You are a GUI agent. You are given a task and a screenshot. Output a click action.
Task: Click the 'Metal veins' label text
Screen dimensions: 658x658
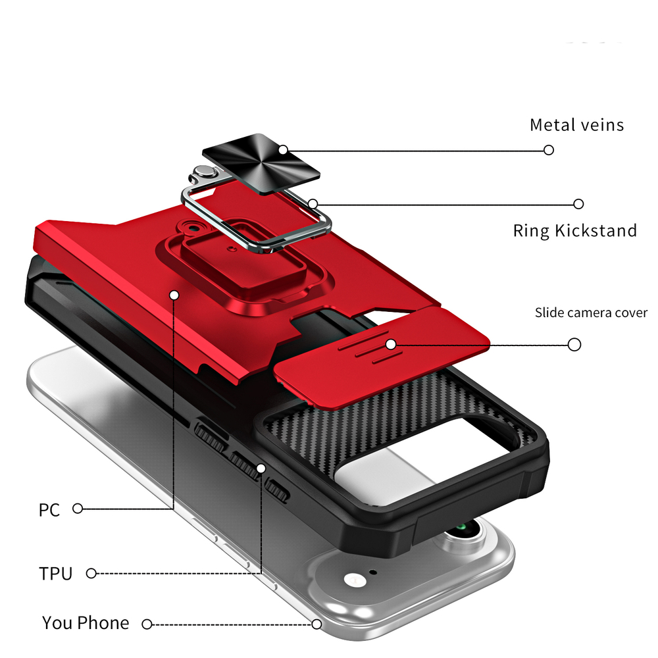[576, 124]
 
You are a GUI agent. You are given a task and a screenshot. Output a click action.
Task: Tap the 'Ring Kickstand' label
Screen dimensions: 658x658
[574, 230]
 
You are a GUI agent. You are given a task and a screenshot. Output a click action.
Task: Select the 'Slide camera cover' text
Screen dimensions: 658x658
[591, 313]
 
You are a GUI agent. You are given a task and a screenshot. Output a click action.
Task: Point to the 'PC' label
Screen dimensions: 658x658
[49, 509]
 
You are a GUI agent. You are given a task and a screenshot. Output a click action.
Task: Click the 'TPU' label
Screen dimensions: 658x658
[55, 573]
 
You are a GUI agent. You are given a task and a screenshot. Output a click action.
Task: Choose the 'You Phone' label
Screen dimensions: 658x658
[86, 622]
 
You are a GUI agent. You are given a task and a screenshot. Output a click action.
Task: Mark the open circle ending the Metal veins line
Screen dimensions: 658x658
[549, 150]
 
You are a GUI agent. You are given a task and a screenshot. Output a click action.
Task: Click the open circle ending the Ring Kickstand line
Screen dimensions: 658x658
[579, 204]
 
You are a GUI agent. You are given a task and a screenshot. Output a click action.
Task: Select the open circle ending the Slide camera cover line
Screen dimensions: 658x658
[574, 344]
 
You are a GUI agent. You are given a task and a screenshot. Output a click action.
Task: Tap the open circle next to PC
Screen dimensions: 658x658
[78, 508]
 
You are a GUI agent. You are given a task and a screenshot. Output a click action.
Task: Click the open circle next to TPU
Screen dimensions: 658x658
[91, 573]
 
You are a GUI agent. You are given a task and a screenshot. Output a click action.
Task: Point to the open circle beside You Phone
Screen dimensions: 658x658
[147, 624]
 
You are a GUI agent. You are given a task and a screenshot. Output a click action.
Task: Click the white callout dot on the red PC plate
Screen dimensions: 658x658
[174, 295]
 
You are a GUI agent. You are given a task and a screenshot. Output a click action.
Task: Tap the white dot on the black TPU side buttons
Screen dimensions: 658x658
[261, 468]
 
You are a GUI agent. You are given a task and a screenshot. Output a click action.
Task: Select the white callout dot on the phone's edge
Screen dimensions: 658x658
[316, 624]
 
